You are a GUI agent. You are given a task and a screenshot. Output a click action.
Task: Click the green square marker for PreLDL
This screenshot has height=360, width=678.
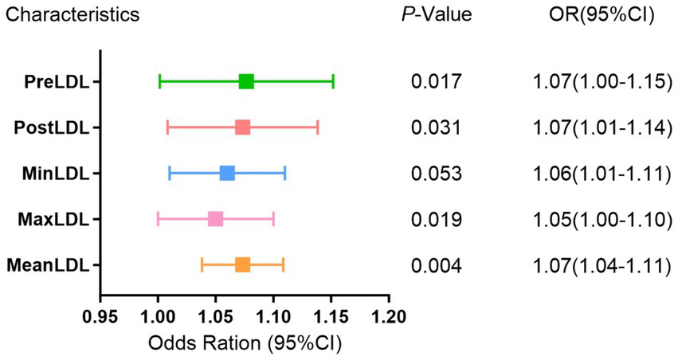[246, 81]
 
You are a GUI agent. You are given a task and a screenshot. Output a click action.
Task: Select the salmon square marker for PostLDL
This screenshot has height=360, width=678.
[242, 127]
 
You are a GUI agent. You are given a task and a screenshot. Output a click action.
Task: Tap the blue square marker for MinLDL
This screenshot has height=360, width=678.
[227, 173]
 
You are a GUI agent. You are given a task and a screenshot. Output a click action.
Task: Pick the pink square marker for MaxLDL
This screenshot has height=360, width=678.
[215, 219]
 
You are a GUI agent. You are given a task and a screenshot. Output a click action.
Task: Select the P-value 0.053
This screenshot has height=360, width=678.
[435, 174]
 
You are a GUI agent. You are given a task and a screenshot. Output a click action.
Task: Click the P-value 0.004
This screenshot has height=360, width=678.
[435, 265]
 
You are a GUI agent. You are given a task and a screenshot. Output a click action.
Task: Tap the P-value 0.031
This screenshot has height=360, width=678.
[435, 127]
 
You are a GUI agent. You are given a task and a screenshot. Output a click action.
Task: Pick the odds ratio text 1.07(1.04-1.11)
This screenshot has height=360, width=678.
[600, 265]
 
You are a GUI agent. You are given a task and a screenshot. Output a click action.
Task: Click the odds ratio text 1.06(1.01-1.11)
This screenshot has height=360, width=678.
[600, 174]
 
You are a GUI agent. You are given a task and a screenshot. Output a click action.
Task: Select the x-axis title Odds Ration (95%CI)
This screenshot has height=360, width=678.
[245, 344]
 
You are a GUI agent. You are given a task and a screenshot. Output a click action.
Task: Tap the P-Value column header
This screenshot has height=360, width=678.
[437, 15]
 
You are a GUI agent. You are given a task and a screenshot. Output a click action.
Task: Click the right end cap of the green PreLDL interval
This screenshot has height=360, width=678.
[333, 81]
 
